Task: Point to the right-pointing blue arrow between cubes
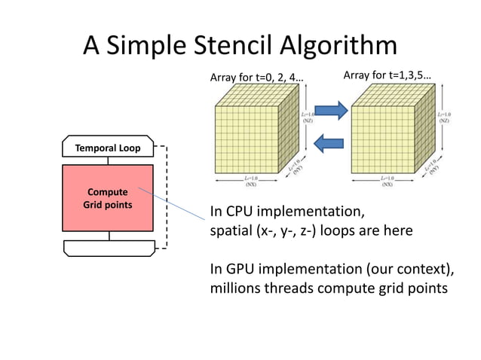pos(330,111)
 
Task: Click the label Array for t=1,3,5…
pos(387,75)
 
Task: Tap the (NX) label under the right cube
pos(385,184)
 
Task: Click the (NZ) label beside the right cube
pos(445,120)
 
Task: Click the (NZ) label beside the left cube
pos(309,120)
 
